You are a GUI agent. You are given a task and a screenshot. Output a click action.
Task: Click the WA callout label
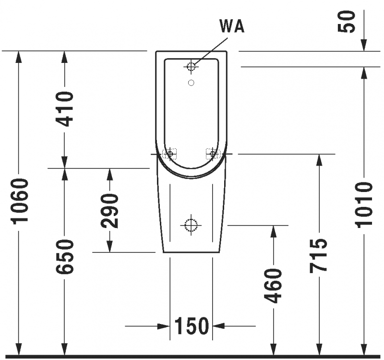tap(232, 26)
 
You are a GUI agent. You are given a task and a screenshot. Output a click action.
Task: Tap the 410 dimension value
tap(65, 109)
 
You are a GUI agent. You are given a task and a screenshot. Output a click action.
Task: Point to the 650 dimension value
tap(65, 257)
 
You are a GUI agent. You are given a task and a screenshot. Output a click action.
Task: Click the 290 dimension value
tap(110, 211)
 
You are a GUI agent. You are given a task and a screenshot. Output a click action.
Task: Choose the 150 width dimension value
tap(192, 326)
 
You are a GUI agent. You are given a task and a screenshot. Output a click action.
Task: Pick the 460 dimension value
tap(273, 286)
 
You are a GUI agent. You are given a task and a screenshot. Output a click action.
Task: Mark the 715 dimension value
tap(318, 256)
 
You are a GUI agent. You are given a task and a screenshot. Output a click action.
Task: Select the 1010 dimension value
tap(364, 205)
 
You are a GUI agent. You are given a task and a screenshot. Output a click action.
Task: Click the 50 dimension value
tap(346, 22)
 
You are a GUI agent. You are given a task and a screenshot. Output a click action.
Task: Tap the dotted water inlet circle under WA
tap(191, 66)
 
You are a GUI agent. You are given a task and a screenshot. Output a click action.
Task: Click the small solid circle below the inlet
tap(191, 83)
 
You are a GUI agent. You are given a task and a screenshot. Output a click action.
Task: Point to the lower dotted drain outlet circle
tap(191, 225)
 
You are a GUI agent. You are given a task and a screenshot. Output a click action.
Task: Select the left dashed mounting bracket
tap(169, 154)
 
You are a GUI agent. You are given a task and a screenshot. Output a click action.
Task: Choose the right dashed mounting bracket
tap(213, 154)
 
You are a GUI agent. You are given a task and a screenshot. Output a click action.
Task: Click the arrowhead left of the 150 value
tap(164, 326)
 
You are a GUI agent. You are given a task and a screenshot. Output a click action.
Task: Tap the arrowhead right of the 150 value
tap(218, 326)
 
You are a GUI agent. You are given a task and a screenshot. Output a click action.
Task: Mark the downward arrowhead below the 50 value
tap(364, 45)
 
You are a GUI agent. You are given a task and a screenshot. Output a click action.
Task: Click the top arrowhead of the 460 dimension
tap(273, 231)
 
